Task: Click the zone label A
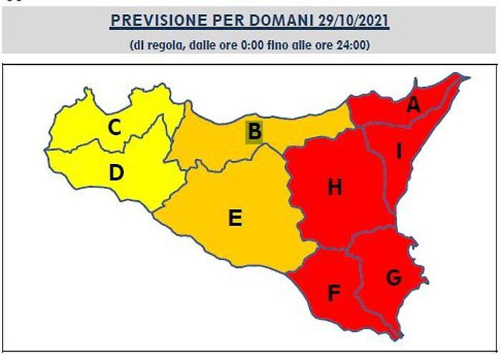pos(412,105)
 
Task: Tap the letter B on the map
pos(253,132)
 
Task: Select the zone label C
pos(115,127)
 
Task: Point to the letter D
pos(116,173)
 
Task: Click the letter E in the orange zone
pos(235,218)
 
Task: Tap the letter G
pos(393,278)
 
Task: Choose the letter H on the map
pos(334,188)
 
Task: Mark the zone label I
pos(399,151)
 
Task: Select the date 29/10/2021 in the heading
pos(352,21)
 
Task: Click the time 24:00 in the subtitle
pos(353,45)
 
